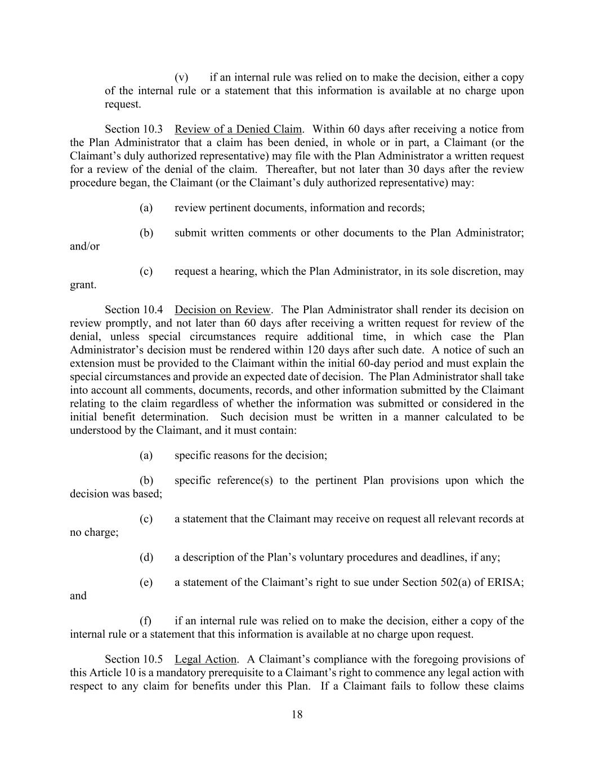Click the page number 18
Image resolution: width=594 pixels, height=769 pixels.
(297, 715)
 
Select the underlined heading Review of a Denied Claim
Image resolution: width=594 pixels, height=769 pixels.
(238, 129)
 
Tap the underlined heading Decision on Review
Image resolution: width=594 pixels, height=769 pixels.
(223, 310)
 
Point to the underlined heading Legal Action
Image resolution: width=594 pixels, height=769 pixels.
(206, 659)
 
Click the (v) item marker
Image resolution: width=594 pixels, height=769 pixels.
(181, 77)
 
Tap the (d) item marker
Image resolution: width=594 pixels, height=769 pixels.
(146, 557)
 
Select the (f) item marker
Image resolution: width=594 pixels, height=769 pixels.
(146, 621)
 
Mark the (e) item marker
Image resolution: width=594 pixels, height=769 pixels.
(146, 583)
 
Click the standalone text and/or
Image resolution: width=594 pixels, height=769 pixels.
(84, 246)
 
